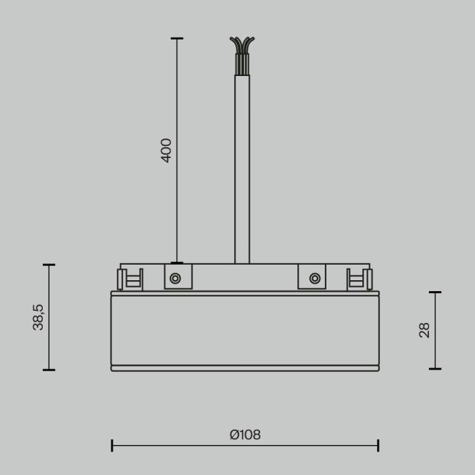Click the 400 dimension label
(166, 150)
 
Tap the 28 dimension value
(425, 330)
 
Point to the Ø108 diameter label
(245, 435)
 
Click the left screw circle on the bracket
(175, 278)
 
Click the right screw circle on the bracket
(314, 278)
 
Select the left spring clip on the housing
(130, 279)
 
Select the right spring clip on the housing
(359, 279)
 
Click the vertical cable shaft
(242, 170)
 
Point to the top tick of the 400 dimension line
(176, 39)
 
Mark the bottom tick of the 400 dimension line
(176, 263)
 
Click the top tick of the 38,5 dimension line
(49, 265)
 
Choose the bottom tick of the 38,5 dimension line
(49, 370)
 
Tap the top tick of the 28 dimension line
(435, 292)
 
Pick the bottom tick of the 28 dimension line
(435, 369)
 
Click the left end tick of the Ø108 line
(112, 446)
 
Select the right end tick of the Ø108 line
(378, 446)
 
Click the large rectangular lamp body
(245, 330)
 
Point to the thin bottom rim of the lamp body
(245, 368)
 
